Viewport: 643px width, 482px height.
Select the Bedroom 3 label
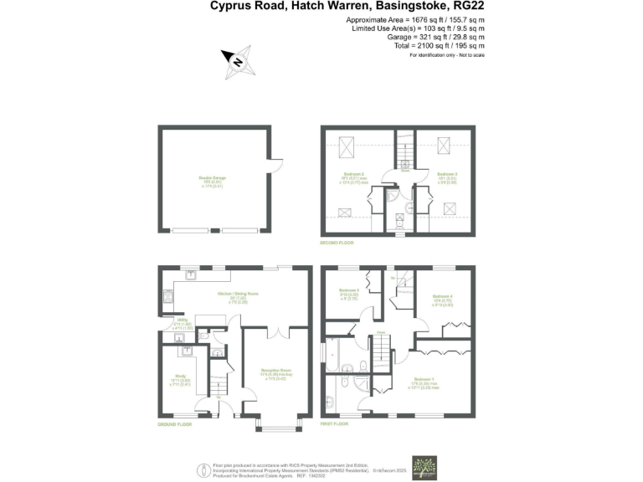pos(442,173)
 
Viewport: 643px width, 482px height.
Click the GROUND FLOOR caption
pos(173,424)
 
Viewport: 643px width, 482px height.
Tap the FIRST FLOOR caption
pos(335,424)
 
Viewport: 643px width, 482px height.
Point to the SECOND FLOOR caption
pos(337,243)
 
